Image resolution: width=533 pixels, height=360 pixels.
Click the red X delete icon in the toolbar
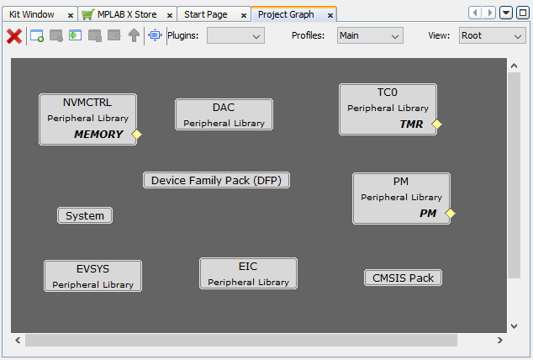pyautogui.click(x=14, y=36)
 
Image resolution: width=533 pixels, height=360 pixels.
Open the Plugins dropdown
pyautogui.click(x=235, y=35)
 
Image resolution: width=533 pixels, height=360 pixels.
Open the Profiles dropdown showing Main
pyautogui.click(x=370, y=35)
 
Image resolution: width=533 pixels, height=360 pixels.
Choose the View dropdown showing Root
pyautogui.click(x=492, y=35)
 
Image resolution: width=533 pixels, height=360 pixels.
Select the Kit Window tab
pyautogui.click(x=32, y=14)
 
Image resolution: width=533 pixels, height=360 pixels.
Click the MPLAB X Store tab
pyautogui.click(x=127, y=14)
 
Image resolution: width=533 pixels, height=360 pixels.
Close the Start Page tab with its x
pyautogui.click(x=244, y=15)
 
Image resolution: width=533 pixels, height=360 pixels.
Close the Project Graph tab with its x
pyautogui.click(x=330, y=15)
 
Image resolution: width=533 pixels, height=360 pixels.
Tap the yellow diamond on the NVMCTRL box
pyautogui.click(x=137, y=135)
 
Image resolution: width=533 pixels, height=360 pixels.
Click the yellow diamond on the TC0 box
pyautogui.click(x=437, y=124)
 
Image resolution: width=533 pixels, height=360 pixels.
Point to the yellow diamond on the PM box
pyautogui.click(x=450, y=213)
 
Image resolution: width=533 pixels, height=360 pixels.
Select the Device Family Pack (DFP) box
pyautogui.click(x=217, y=180)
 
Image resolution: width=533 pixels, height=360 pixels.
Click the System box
pyautogui.click(x=85, y=215)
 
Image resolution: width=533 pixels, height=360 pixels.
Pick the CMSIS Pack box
pyautogui.click(x=404, y=278)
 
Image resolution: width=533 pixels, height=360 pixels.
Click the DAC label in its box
pyautogui.click(x=224, y=108)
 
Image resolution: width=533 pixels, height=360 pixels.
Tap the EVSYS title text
pyautogui.click(x=92, y=269)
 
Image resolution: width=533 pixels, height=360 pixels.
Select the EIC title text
pyautogui.click(x=248, y=266)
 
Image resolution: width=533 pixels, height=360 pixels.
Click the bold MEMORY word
pyautogui.click(x=98, y=135)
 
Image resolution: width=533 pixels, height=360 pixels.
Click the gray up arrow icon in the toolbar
pyautogui.click(x=134, y=35)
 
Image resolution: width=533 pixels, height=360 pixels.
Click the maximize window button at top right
pyautogui.click(x=523, y=13)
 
